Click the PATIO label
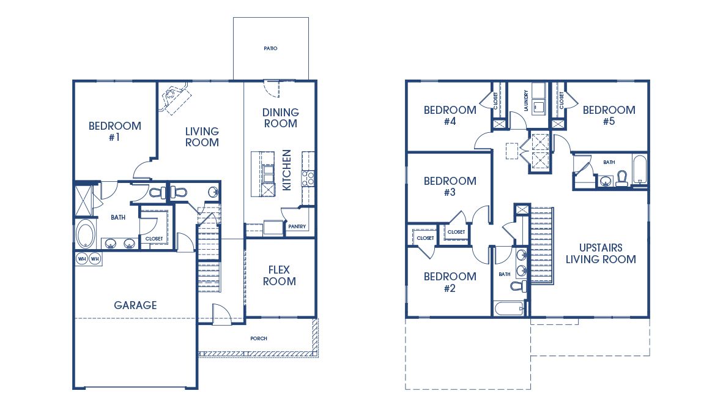[270, 48]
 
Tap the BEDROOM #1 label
[114, 132]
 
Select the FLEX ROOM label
[280, 275]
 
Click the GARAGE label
[135, 305]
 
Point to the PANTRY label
[297, 226]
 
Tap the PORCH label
[258, 338]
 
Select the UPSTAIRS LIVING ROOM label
[601, 253]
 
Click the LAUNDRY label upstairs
[525, 101]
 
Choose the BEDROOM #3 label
[450, 186]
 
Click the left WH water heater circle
[82, 259]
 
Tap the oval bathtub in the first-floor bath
[85, 234]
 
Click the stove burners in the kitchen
[308, 178]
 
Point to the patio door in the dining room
[271, 89]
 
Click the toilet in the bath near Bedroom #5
[622, 178]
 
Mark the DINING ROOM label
[280, 118]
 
